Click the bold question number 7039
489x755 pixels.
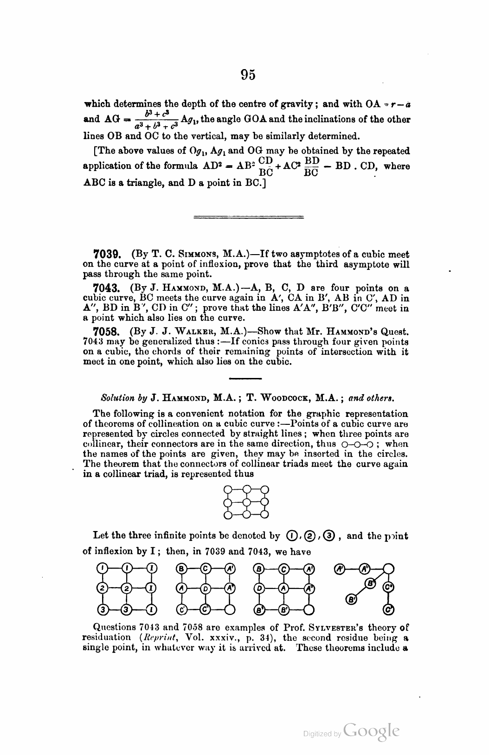click(x=108, y=254)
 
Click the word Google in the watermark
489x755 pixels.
click(x=371, y=731)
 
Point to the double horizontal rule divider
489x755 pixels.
click(x=248, y=216)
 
